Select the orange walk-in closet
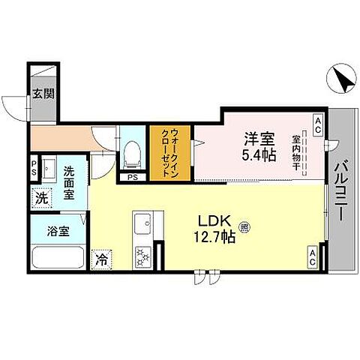[171, 154]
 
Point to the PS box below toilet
[132, 178]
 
